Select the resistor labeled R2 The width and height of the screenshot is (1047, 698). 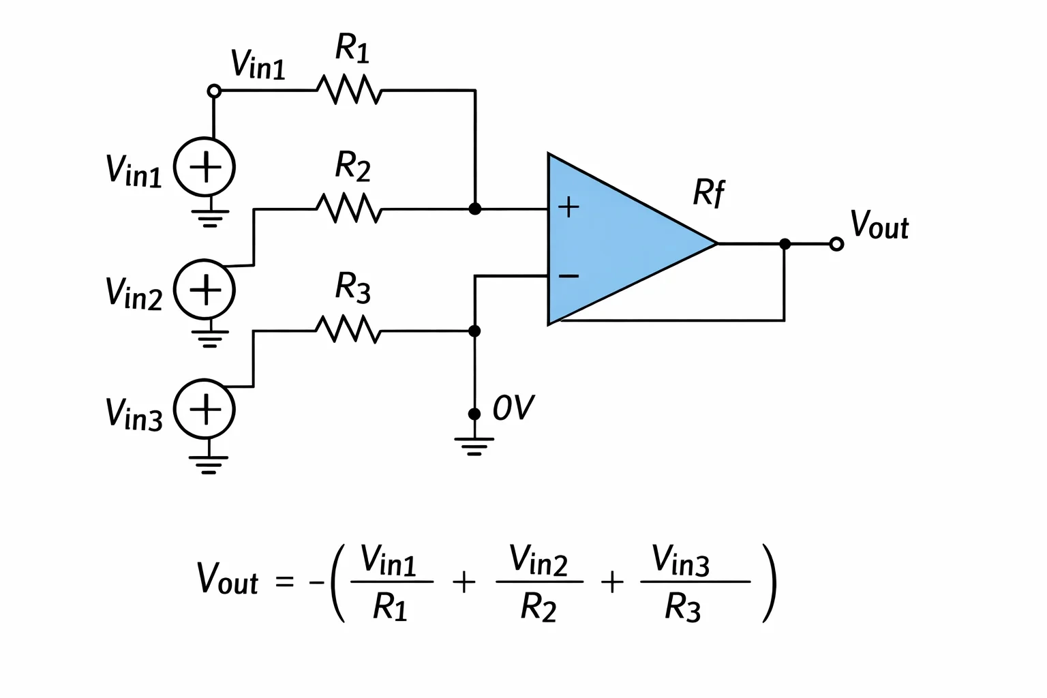coord(349,208)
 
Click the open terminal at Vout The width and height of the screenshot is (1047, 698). coord(836,244)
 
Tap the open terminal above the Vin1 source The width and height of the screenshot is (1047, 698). coord(214,91)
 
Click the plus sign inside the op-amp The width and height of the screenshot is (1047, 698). coord(569,207)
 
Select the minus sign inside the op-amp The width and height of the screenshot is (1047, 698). coord(569,276)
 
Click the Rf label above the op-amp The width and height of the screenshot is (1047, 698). coord(709,192)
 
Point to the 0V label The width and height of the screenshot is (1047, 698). coord(513,407)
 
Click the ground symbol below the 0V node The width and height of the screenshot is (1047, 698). coord(474,446)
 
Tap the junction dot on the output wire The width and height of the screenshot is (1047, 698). coord(785,244)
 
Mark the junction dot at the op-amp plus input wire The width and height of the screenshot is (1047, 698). coord(475,209)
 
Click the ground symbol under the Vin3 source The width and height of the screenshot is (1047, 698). coord(209,465)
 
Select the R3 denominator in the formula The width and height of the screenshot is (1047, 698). coord(682,607)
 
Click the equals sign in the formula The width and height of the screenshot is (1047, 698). coord(285,582)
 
